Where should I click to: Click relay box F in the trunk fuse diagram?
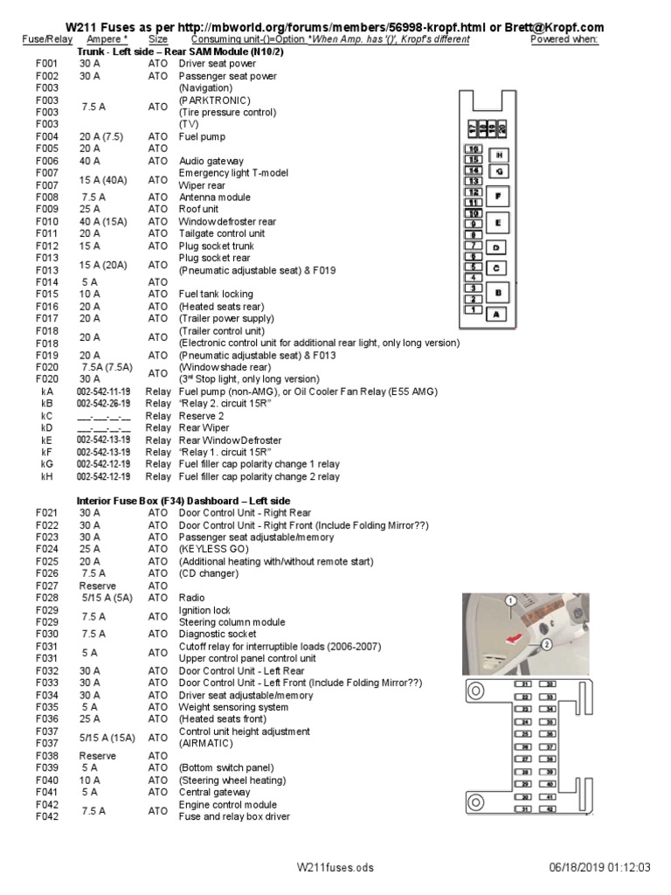click(498, 197)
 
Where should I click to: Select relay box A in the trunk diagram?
click(498, 314)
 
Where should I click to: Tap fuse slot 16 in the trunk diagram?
click(473, 149)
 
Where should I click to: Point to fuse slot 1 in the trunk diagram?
click(473, 309)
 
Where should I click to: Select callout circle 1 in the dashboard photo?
click(510, 600)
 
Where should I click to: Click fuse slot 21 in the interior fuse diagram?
click(524, 683)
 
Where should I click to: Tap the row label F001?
click(46, 64)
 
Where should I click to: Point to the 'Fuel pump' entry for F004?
click(202, 137)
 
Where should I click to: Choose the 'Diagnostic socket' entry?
click(218, 634)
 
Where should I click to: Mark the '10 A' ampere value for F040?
click(90, 780)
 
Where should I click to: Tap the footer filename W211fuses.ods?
click(335, 867)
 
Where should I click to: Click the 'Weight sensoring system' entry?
click(233, 707)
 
